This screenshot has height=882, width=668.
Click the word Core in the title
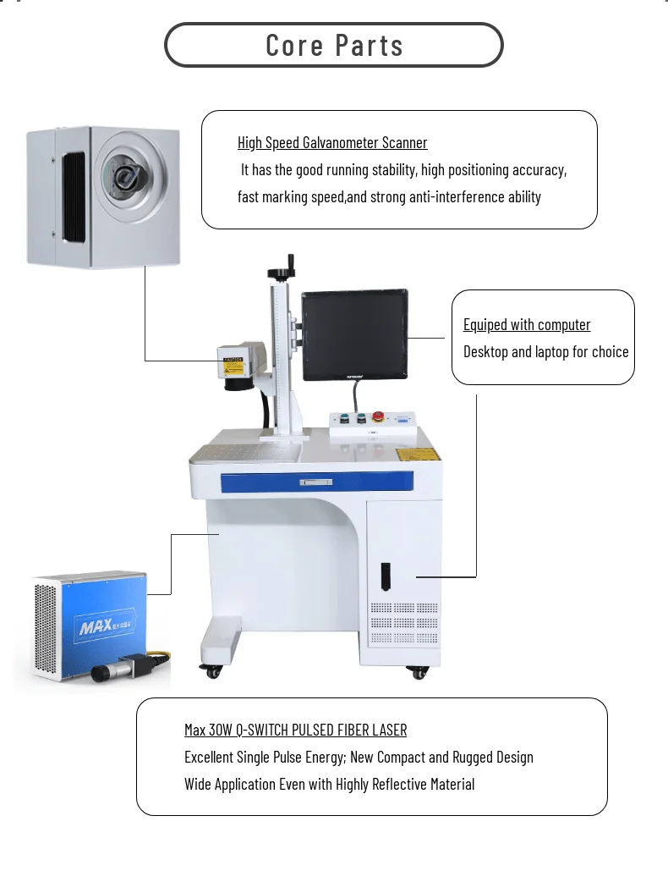pos(294,45)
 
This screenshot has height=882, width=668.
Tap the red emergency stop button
pos(378,416)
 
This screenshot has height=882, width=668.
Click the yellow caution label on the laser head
pos(233,361)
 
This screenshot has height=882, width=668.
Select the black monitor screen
pos(354,334)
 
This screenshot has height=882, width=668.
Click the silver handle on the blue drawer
pos(316,482)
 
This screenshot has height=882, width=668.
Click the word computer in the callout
pos(564,325)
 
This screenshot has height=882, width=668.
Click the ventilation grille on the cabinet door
pos(404,622)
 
